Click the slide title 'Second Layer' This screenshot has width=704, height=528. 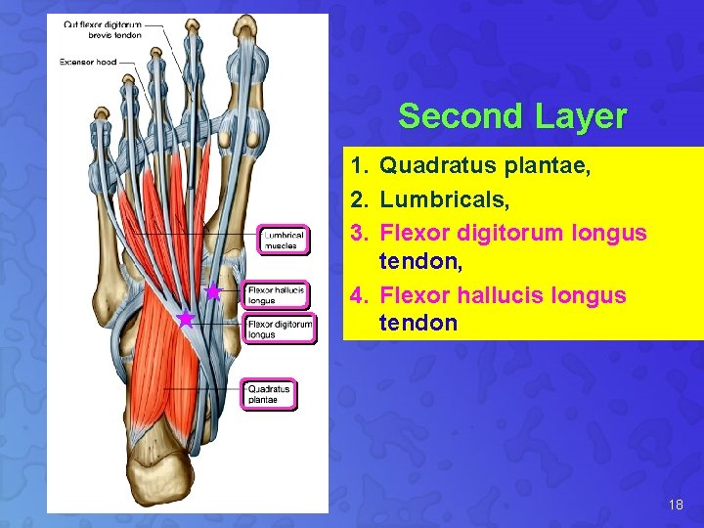(512, 116)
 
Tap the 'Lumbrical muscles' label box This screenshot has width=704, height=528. (284, 241)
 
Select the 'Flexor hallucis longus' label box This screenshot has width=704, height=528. (277, 295)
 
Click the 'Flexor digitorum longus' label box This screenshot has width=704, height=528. (280, 329)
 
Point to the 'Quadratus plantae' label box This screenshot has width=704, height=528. (269, 394)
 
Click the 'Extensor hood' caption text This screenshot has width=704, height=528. (88, 62)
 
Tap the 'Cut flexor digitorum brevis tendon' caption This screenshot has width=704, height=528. (103, 29)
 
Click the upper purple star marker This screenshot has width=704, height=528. (213, 291)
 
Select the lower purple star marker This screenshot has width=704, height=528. (185, 319)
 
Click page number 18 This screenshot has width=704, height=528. (676, 506)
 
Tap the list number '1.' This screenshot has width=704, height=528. (360, 169)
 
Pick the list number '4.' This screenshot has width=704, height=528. (360, 294)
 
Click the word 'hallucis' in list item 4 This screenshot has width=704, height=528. (492, 294)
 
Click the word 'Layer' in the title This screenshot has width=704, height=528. (581, 116)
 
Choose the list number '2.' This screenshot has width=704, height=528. (360, 200)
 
